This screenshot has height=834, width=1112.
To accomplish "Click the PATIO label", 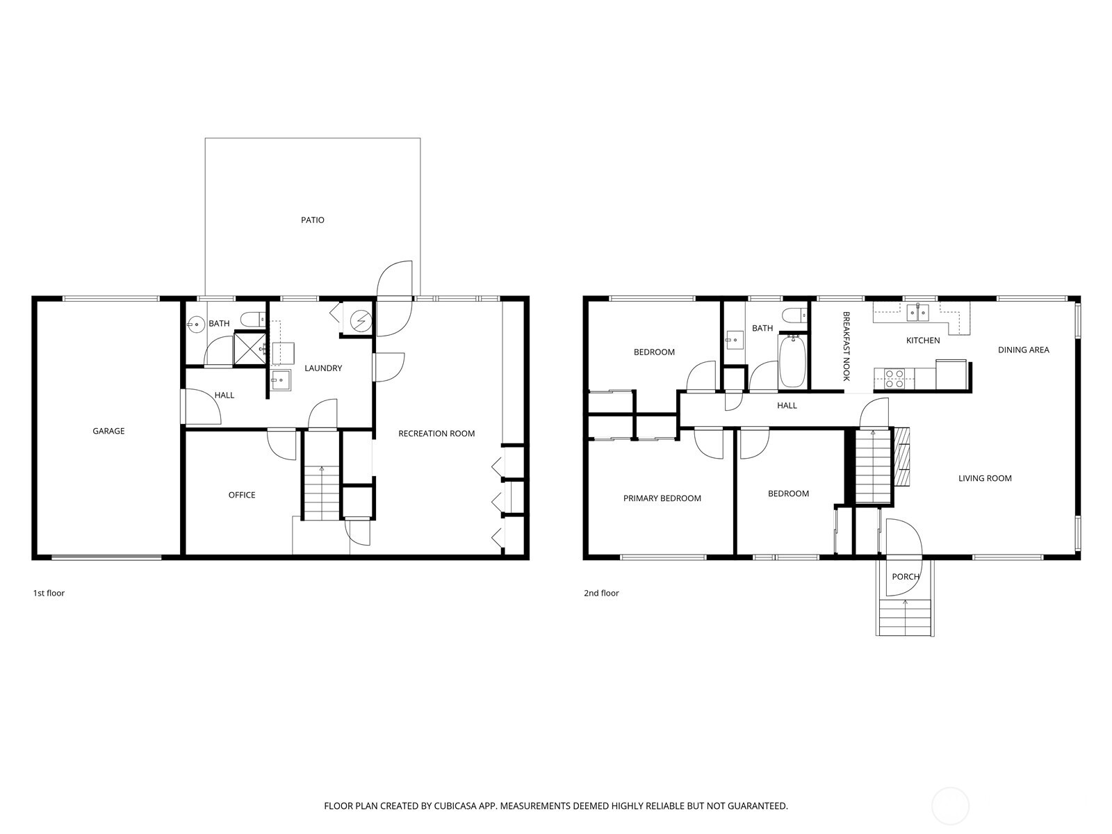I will [312, 220].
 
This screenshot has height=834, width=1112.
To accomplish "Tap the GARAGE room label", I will [108, 431].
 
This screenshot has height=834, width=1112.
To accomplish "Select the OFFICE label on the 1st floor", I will [242, 495].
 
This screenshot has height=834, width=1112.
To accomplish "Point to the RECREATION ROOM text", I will [436, 434].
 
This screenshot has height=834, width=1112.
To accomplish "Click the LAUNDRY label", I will [323, 368].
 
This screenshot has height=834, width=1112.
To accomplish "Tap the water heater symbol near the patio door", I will [360, 320].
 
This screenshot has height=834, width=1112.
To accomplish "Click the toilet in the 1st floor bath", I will [251, 319].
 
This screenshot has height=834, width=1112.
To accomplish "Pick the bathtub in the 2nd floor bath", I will [792, 361].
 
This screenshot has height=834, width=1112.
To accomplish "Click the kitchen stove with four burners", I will [894, 378].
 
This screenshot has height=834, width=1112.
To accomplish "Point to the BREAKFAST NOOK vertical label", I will [847, 345].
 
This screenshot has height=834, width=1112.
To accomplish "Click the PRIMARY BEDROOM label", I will [662, 498].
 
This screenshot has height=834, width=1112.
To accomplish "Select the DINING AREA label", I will [1023, 350].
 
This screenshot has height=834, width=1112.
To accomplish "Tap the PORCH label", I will [905, 577].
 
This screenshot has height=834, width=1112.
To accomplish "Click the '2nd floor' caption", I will [601, 593].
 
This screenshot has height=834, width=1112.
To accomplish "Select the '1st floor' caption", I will [49, 593].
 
